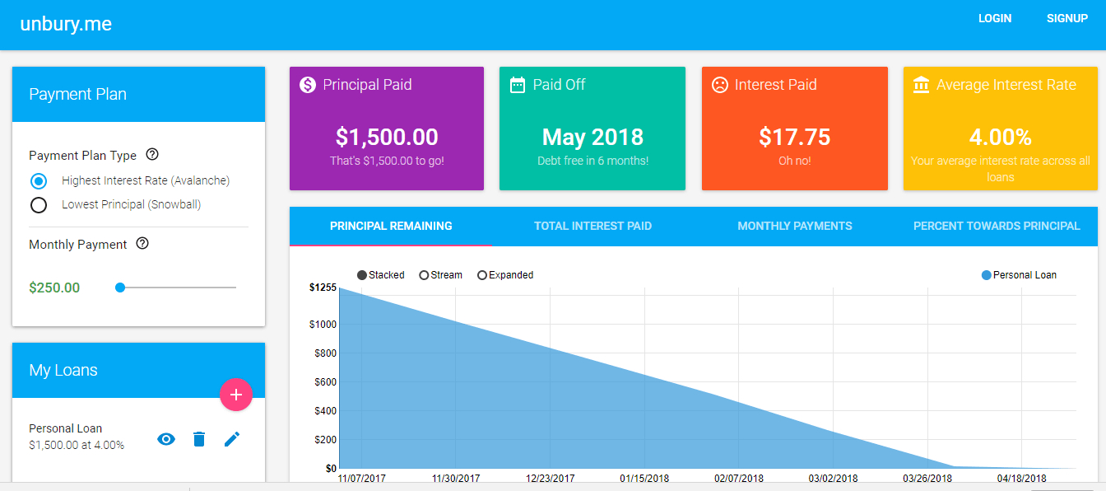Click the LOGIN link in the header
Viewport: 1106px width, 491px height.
tap(994, 18)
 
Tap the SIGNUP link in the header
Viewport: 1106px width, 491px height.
tap(1066, 18)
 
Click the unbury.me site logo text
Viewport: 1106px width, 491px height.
tap(66, 24)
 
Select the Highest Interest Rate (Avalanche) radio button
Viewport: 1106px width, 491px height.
tap(39, 180)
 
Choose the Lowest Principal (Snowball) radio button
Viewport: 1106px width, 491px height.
tap(39, 205)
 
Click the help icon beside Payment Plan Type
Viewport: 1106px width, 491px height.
tap(152, 154)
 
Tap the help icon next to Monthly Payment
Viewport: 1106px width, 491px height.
tap(142, 243)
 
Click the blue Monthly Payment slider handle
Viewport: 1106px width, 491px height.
tap(120, 288)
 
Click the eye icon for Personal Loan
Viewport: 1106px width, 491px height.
tap(166, 439)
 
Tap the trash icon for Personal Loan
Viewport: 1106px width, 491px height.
tap(198, 439)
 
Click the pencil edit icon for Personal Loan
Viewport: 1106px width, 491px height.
tap(231, 439)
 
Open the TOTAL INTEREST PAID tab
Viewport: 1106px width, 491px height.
tap(592, 226)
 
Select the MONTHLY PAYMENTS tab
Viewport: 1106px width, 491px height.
tap(794, 226)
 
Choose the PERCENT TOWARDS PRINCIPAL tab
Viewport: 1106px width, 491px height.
tap(997, 226)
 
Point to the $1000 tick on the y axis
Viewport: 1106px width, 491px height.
tap(322, 325)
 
